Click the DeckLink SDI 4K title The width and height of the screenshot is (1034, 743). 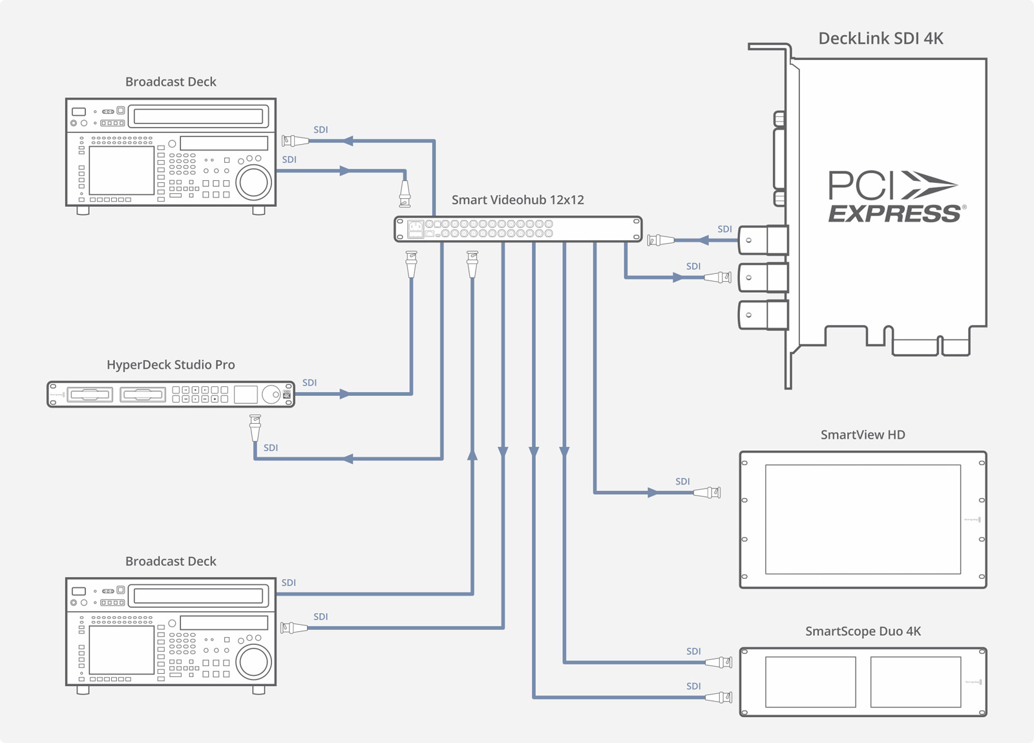tap(880, 39)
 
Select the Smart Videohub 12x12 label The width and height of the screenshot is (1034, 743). tap(517, 200)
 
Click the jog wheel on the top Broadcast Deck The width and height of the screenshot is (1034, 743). tap(253, 182)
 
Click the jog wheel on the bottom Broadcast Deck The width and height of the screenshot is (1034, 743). tap(253, 661)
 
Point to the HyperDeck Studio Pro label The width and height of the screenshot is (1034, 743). tap(171, 365)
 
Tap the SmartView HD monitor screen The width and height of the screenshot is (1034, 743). tap(863, 519)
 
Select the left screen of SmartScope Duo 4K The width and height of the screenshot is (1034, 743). tap(810, 682)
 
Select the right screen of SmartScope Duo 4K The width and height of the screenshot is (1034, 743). tap(915, 682)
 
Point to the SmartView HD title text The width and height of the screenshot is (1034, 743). tap(863, 435)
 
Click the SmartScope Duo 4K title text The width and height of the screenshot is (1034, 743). tap(863, 631)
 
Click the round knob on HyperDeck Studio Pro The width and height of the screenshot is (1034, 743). tap(271, 394)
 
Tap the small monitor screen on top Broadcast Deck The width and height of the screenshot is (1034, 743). tap(121, 170)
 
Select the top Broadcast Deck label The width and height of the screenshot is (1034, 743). tap(171, 82)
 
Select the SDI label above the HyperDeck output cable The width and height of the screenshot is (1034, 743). tap(310, 382)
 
